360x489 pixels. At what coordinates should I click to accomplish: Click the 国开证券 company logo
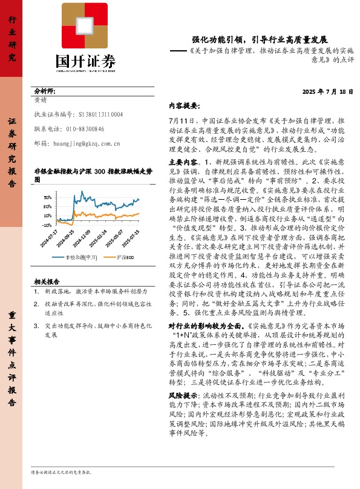(84, 37)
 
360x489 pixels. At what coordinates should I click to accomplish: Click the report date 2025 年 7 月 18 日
(327, 91)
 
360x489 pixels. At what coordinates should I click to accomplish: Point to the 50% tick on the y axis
(47, 197)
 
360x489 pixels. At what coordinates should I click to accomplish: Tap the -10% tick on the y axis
(47, 225)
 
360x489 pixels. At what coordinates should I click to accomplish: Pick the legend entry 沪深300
(125, 257)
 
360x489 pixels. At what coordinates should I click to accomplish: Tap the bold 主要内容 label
(183, 162)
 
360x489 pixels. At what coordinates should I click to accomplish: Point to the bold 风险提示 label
(183, 395)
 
